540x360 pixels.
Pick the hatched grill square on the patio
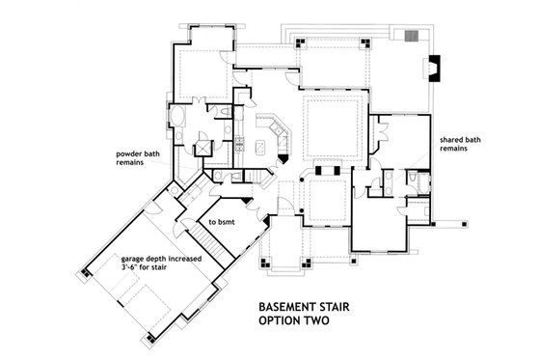[412, 36]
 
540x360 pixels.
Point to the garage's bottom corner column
[150, 337]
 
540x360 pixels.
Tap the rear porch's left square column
[302, 43]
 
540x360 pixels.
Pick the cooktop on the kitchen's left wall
[237, 146]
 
